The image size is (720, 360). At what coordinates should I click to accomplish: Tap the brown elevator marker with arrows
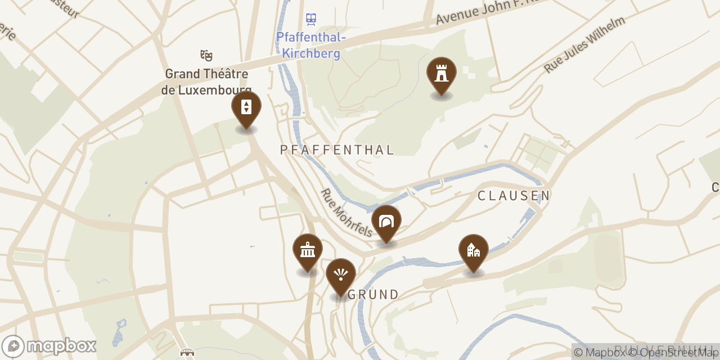click(246, 107)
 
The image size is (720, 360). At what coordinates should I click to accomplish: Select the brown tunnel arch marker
click(386, 221)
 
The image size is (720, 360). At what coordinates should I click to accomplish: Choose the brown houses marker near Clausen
click(474, 250)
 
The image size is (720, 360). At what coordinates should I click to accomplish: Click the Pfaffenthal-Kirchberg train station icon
click(311, 20)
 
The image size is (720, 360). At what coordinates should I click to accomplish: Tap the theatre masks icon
click(206, 55)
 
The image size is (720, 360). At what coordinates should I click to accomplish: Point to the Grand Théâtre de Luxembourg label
click(206, 82)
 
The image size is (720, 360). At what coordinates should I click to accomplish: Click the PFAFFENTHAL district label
click(337, 150)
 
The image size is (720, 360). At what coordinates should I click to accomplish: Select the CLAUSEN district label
click(514, 196)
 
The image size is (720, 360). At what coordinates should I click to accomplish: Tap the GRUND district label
click(373, 294)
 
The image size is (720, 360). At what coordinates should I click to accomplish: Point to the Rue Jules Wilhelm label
click(584, 44)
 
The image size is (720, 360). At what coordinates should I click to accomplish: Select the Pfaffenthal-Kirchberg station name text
click(311, 46)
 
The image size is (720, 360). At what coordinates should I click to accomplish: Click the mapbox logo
click(49, 346)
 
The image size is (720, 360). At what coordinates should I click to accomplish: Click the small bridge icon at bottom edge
click(187, 353)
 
